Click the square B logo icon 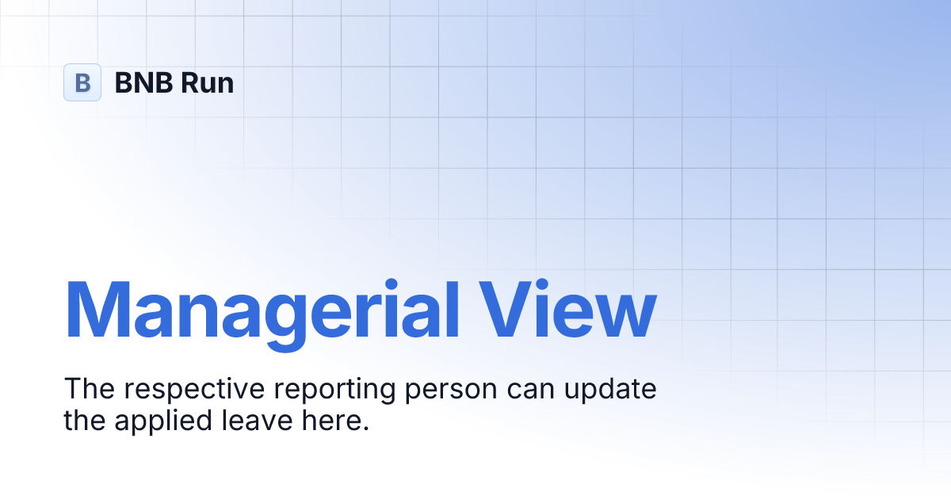point(82,82)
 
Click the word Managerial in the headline point(262,309)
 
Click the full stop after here point(366,429)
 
